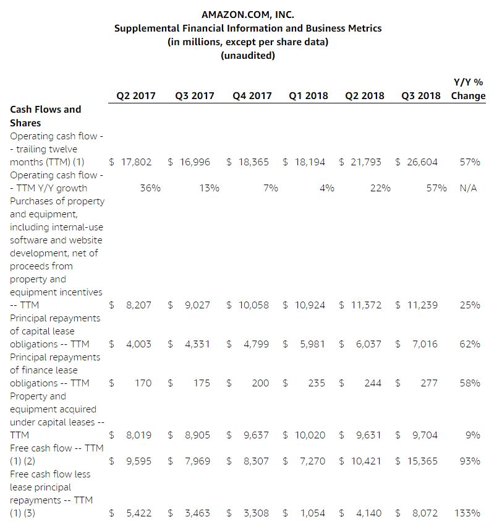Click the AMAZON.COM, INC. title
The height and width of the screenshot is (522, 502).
tap(247, 15)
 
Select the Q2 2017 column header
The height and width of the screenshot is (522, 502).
tap(136, 96)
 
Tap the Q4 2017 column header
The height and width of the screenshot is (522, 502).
tap(252, 96)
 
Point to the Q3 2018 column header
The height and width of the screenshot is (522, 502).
tap(421, 96)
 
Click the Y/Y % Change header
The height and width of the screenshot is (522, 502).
tap(468, 89)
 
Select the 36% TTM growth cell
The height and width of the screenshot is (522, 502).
tap(150, 188)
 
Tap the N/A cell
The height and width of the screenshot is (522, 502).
tap(468, 188)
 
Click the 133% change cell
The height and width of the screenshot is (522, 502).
tap(467, 513)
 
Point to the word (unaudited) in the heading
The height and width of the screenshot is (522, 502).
tap(247, 56)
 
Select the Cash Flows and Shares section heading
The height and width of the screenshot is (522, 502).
tap(45, 116)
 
